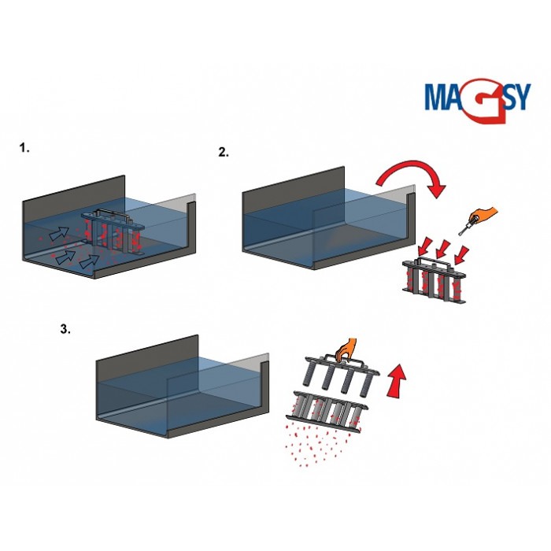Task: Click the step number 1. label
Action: [24, 147]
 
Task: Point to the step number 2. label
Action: [224, 153]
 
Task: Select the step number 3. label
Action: [65, 330]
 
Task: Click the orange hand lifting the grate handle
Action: [344, 349]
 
